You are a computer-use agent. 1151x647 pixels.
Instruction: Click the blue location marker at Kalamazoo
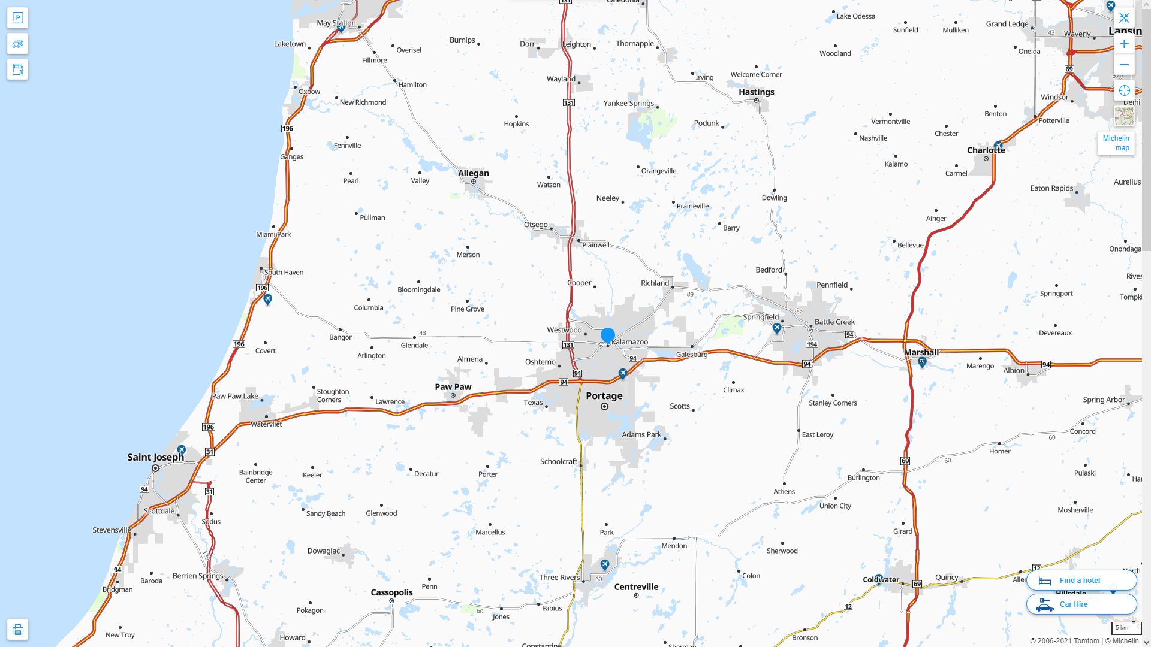point(607,335)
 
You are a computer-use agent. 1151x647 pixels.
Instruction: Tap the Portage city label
point(604,396)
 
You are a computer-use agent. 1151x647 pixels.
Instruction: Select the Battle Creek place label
point(834,322)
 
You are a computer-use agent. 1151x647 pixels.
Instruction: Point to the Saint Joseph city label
point(155,458)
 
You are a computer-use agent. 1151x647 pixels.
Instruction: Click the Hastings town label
point(756,92)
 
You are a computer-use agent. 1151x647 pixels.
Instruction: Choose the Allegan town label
point(473,173)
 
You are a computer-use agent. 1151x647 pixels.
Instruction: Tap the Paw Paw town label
point(453,387)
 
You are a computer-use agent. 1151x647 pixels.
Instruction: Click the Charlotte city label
point(986,150)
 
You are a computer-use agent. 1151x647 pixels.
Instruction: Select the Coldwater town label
point(881,579)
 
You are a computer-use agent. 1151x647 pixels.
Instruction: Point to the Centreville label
point(636,587)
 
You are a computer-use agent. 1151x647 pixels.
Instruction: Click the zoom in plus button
point(1124,44)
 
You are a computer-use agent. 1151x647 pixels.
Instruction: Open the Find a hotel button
point(1081,581)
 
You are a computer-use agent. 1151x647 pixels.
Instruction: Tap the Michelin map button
point(1116,143)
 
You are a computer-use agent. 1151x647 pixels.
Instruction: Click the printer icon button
point(17,630)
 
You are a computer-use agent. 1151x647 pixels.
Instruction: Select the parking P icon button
point(17,18)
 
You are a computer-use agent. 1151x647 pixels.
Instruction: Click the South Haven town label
point(284,273)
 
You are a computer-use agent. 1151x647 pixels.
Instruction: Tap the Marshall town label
point(921,352)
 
